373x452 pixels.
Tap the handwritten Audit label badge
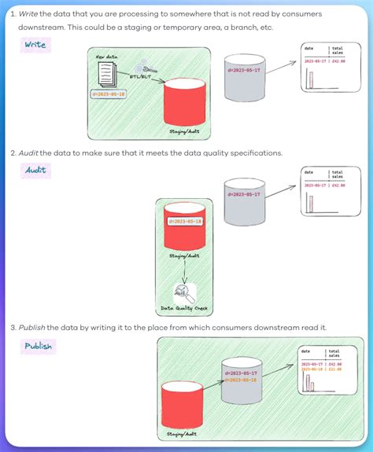[35, 169]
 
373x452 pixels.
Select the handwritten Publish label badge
[38, 346]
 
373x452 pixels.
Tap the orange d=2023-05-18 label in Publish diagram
[240, 379]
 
